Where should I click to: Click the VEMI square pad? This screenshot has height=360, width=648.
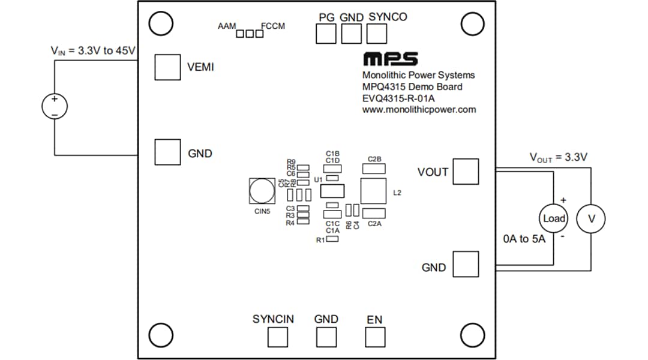coord(167,67)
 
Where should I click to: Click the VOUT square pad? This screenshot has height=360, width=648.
coord(466,172)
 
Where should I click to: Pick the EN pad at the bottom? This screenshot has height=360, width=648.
coord(375,337)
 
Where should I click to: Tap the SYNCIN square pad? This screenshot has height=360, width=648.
coord(277,337)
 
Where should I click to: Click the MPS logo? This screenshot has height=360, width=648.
coord(391,59)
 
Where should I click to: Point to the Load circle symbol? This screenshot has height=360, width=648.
coord(554,218)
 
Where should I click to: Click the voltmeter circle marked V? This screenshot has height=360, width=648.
coord(591,218)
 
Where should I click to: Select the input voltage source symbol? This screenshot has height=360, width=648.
coord(55,107)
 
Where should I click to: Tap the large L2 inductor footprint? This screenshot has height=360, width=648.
coord(373,191)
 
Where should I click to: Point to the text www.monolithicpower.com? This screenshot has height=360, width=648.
coord(419,110)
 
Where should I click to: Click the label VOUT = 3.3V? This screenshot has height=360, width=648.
coord(558,157)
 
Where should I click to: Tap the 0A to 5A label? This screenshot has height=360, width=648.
coord(524,239)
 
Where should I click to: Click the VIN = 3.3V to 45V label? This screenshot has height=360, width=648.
coord(94,51)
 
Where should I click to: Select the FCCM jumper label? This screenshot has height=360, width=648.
coord(273,26)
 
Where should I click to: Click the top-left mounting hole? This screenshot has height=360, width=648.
coord(161,23)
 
